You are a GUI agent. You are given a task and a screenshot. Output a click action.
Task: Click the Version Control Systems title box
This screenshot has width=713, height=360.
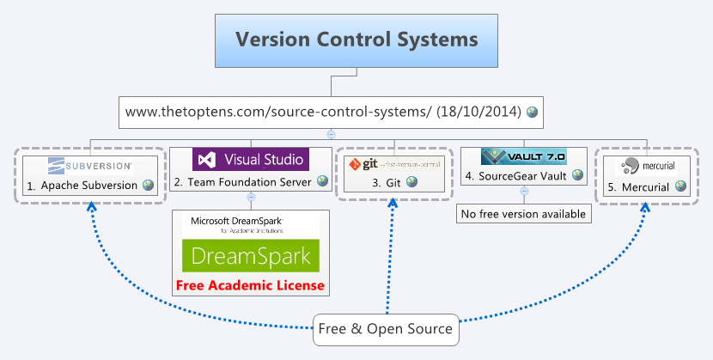coord(356,40)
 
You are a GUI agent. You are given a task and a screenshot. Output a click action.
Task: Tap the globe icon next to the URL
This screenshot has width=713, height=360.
coord(533,112)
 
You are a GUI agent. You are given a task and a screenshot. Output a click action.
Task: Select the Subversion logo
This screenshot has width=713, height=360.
coord(90,164)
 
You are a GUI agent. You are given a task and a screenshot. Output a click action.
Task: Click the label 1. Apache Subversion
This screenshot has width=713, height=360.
coord(82,185)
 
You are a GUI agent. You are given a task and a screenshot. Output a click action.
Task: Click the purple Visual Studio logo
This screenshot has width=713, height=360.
coord(250,159)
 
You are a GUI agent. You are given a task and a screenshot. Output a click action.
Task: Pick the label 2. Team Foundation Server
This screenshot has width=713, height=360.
coord(244,181)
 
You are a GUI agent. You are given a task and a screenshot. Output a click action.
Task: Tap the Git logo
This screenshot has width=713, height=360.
coord(393,163)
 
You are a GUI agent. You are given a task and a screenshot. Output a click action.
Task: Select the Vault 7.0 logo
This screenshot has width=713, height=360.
coord(523,156)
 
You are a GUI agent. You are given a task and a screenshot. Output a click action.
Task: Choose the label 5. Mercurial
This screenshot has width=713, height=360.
coord(639,186)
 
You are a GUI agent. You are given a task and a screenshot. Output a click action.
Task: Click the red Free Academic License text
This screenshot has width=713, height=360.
coord(250,285)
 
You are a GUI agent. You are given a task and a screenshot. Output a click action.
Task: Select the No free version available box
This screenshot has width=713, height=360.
coord(523,214)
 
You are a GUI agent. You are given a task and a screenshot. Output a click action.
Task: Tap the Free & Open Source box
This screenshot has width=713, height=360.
coord(386,329)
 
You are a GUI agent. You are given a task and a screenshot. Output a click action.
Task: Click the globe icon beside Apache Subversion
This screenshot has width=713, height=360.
coord(149,185)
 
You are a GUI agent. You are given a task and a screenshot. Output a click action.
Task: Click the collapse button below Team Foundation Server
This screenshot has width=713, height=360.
coord(251,197)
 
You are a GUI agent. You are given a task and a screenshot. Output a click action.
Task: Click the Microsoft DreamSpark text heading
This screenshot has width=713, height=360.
coord(236,221)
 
